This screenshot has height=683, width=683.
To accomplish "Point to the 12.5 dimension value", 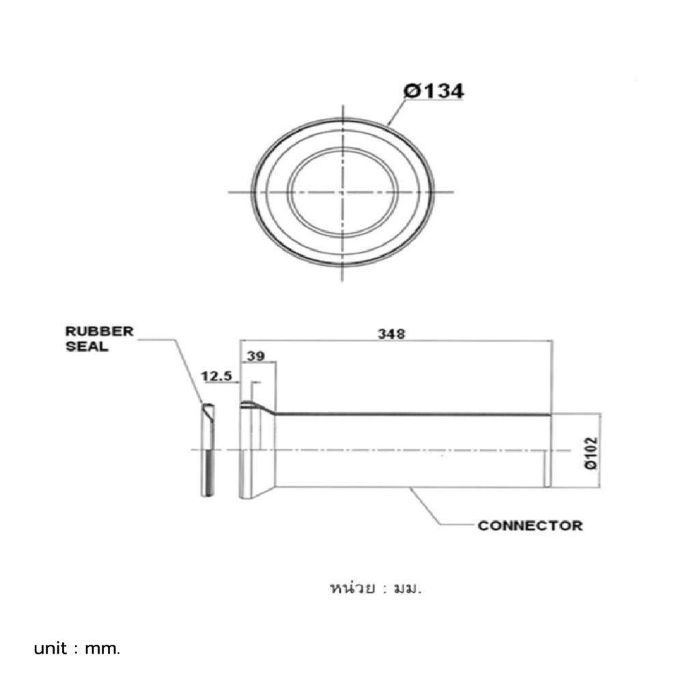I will (x=215, y=376).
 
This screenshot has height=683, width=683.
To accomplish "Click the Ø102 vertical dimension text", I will (x=591, y=451).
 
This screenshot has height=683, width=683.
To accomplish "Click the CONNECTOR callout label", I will (x=530, y=525).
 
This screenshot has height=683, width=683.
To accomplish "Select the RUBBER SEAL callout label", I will (x=99, y=339).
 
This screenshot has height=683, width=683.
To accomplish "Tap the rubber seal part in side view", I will (x=208, y=451).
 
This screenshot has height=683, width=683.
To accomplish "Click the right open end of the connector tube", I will (x=547, y=451).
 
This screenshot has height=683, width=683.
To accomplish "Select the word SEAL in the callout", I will (x=86, y=346).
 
